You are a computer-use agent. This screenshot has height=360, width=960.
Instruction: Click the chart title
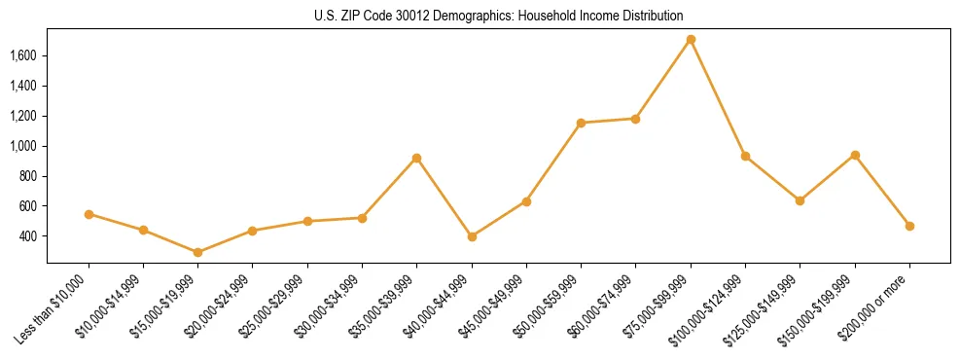pos(480,16)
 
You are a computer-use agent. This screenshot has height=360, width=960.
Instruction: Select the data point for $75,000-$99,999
pos(691,40)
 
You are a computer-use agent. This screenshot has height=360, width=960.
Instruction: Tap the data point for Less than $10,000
pos(89,214)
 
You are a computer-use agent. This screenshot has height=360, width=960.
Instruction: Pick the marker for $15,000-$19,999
pos(198,252)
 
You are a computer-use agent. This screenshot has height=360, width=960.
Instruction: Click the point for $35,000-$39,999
pos(416,158)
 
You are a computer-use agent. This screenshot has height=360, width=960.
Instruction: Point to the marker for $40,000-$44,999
pos(472,236)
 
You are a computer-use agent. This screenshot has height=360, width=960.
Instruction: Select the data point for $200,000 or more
pos(909,226)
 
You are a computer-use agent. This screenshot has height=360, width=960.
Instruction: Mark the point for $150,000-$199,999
pos(855,155)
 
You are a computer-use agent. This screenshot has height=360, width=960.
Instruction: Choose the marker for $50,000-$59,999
pos(581,123)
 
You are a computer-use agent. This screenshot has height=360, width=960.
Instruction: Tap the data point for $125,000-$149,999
pos(800,200)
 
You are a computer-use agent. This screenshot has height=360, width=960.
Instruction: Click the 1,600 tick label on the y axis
pos(23,55)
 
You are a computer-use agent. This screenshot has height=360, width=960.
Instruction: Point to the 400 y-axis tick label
pos(27,236)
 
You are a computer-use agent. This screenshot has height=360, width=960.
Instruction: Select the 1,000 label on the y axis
pos(23,146)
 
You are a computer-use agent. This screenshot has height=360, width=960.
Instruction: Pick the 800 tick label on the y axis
pos(27,176)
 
